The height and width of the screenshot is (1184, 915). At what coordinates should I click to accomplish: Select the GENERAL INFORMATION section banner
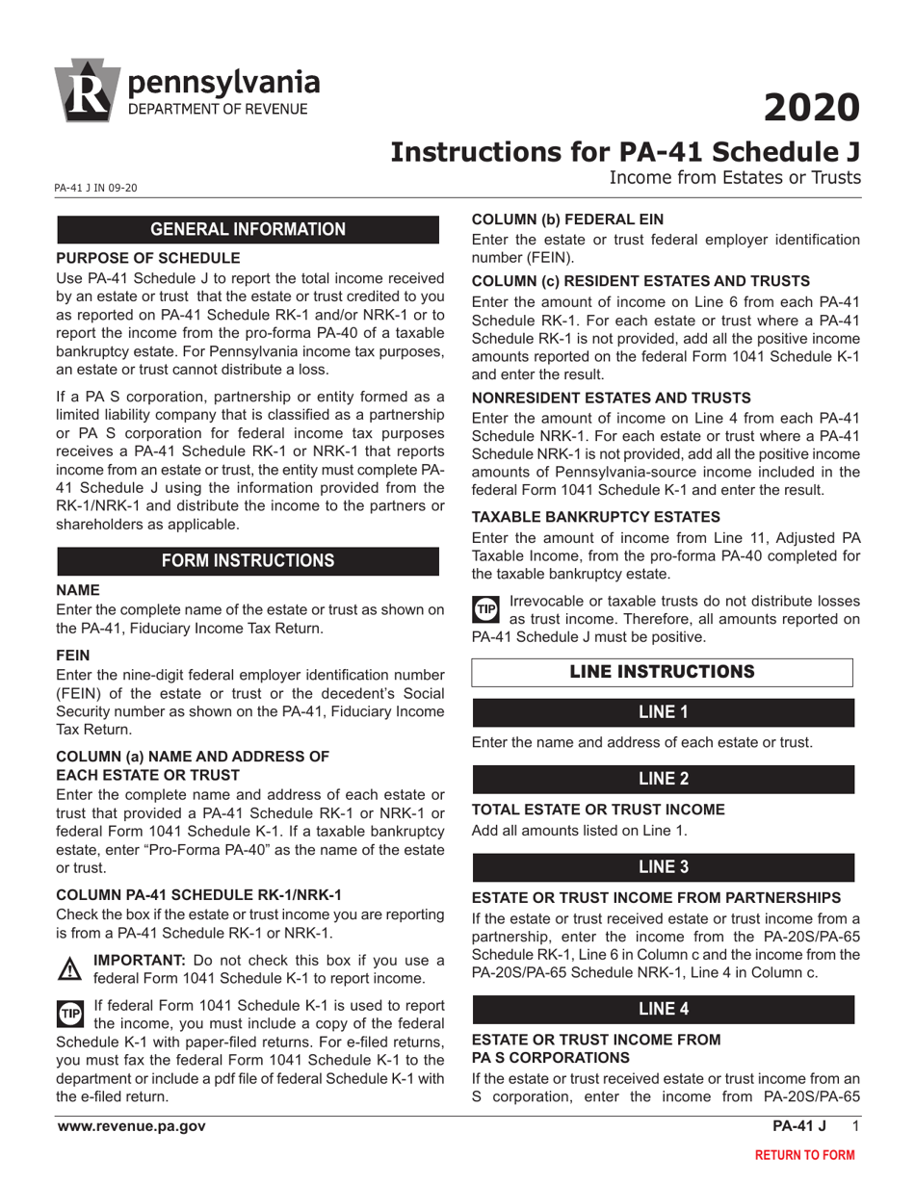[249, 229]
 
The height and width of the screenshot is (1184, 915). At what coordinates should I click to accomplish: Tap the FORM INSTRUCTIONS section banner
[249, 560]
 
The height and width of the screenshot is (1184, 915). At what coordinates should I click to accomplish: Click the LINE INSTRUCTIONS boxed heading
[662, 672]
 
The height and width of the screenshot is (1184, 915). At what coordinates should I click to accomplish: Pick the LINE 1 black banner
[663, 712]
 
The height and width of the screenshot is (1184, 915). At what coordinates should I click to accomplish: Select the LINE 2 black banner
[663, 779]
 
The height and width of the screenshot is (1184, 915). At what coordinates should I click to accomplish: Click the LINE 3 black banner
[663, 866]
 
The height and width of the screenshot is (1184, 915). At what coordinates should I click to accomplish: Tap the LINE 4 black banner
[663, 1009]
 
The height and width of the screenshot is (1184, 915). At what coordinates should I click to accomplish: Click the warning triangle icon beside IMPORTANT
[71, 968]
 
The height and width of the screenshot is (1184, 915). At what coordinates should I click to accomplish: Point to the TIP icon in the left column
[71, 1013]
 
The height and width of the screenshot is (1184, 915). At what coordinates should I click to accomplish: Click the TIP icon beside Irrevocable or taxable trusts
[485, 609]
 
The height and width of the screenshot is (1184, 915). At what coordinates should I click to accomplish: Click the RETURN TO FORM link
[803, 1154]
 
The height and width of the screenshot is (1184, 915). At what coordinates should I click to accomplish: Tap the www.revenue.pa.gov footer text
[131, 1126]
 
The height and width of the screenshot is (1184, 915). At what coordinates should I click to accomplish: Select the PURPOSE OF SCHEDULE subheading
[148, 258]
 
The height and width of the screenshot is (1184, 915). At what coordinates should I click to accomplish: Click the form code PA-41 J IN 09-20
[96, 188]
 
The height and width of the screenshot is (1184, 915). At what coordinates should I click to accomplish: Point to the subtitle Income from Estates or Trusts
[734, 177]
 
